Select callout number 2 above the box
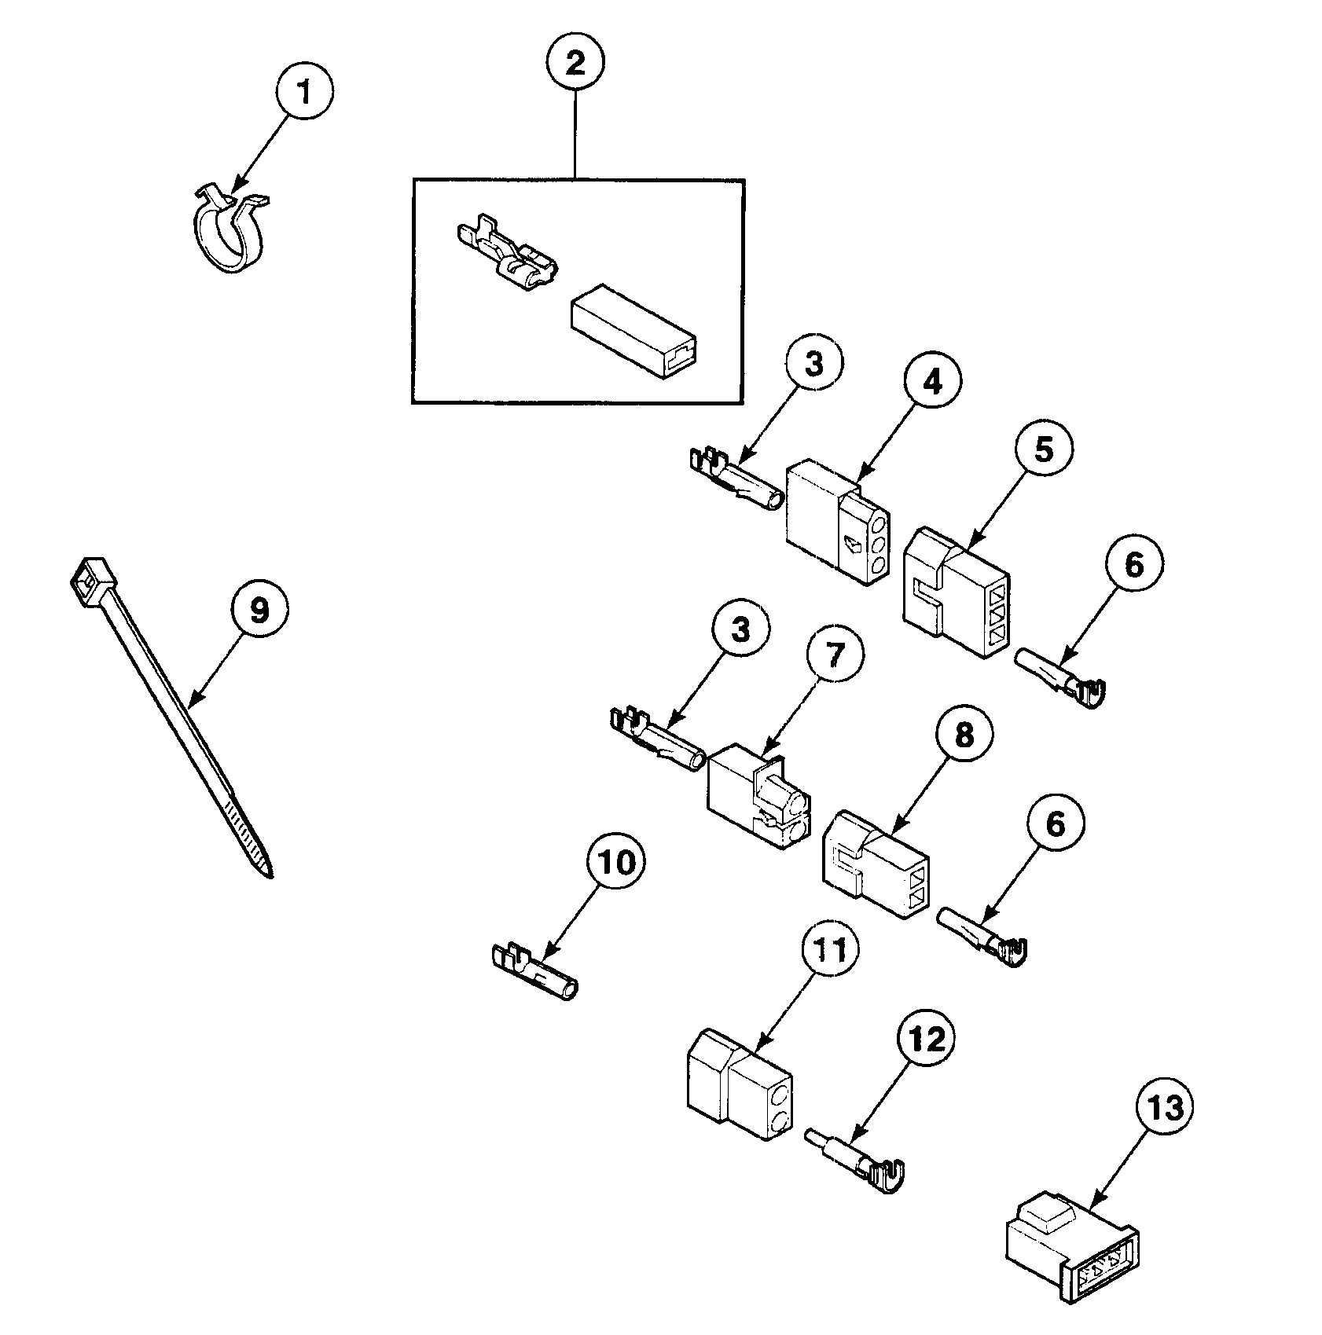[575, 63]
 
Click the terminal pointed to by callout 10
[536, 972]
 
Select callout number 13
[1164, 1109]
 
